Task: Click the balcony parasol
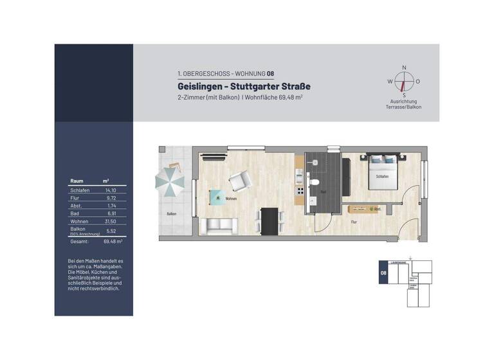pos(170,182)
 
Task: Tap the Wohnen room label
pos(230,199)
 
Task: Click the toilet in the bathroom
pos(314,183)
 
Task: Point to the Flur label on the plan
pos(354,222)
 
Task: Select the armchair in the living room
pos(239,182)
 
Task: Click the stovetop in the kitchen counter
pos(299,192)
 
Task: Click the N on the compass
pos(404,67)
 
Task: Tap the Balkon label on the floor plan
pos(171,214)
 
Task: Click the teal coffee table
pos(217,197)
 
